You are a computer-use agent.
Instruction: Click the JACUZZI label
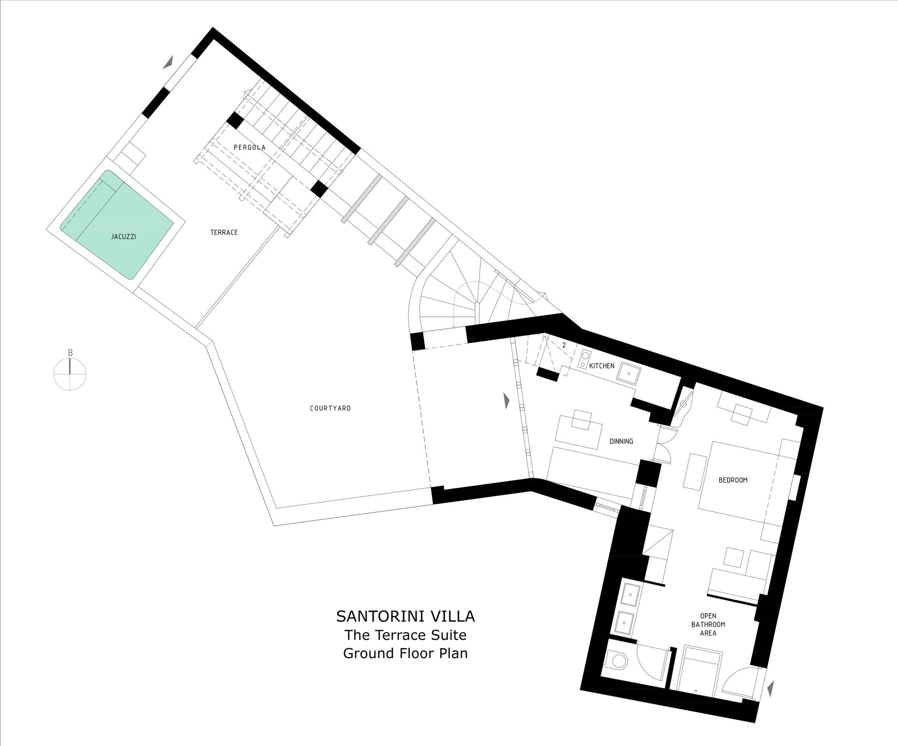123,237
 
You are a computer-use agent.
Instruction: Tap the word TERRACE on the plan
224,232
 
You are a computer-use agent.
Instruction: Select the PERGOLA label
250,147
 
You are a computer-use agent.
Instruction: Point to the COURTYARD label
330,408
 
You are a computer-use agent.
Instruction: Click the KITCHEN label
601,366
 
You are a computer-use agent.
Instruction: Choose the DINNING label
621,441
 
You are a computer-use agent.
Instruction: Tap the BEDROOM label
733,480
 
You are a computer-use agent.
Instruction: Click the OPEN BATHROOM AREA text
708,624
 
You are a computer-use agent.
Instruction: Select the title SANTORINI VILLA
406,616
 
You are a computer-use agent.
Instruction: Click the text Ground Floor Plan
406,653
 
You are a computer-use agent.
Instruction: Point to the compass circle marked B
70,373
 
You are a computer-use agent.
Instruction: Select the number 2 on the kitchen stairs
564,345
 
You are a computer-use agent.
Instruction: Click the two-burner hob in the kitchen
585,359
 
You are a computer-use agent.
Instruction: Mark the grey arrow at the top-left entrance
169,62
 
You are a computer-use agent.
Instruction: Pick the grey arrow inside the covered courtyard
507,401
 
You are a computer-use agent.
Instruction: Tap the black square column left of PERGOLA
235,120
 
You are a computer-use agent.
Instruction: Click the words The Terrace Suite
406,635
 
